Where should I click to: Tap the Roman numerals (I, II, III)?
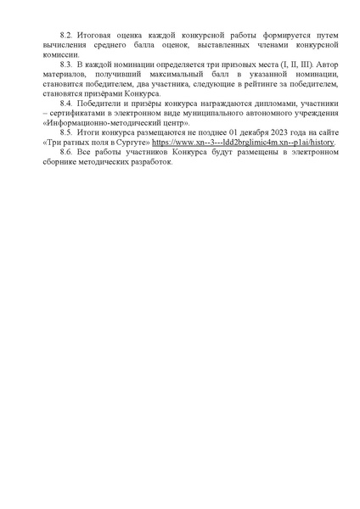click(x=281, y=64)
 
